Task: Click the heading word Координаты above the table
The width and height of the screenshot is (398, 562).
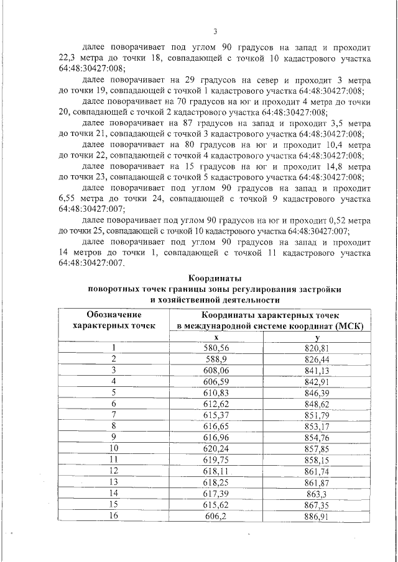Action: click(215, 278)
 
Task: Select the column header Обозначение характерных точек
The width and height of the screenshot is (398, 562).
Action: click(114, 320)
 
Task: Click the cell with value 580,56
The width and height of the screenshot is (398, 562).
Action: click(216, 348)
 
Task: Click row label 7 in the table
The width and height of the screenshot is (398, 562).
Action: click(114, 414)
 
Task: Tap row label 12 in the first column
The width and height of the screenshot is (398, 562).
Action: click(114, 471)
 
